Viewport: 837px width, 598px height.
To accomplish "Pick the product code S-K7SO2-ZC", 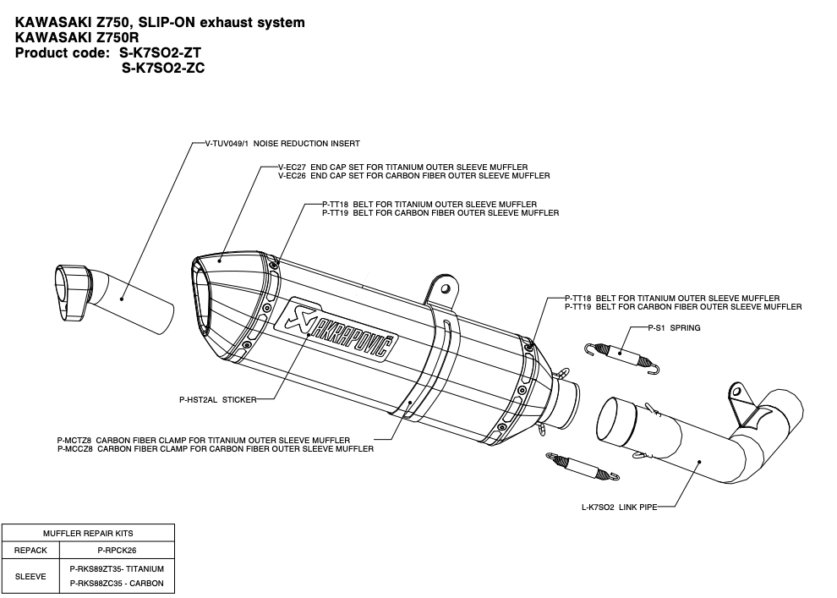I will (x=163, y=68).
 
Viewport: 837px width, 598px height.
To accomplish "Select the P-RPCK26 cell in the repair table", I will (x=117, y=550).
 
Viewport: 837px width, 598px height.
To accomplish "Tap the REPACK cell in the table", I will (x=30, y=550).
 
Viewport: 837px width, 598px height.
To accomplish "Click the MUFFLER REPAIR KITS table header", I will (x=88, y=534).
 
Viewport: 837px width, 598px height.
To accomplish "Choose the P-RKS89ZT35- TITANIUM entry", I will (x=117, y=568).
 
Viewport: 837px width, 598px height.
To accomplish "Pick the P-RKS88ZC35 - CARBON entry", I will (x=117, y=583).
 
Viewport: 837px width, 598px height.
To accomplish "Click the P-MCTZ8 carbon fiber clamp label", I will (x=215, y=441).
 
